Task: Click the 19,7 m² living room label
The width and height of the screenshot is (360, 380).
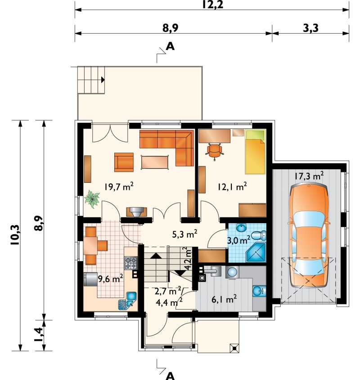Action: pyautogui.click(x=119, y=186)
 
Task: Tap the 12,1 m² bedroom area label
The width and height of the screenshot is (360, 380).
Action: pyautogui.click(x=232, y=186)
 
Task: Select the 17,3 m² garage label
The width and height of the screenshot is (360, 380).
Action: pyautogui.click(x=309, y=176)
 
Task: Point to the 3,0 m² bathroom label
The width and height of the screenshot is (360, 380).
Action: pyautogui.click(x=238, y=240)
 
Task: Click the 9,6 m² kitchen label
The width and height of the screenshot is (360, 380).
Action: pyautogui.click(x=110, y=279)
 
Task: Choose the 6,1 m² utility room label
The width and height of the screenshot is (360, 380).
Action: pyautogui.click(x=224, y=299)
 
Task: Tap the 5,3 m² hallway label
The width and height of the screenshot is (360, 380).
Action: pyautogui.click(x=184, y=234)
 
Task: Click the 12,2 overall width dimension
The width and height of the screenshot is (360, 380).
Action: pyautogui.click(x=213, y=5)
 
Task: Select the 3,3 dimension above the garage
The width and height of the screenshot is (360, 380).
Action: pyautogui.click(x=310, y=28)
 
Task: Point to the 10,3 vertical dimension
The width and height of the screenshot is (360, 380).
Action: pyautogui.click(x=15, y=235)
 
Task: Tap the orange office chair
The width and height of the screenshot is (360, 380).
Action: pyautogui.click(x=214, y=151)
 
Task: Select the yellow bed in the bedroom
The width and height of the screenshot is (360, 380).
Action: pyautogui.click(x=255, y=152)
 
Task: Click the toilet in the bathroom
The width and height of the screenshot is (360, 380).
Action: pyautogui.click(x=259, y=235)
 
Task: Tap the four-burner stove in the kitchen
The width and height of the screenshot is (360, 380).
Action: pyautogui.click(x=131, y=263)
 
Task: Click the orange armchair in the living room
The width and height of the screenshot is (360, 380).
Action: pyautogui.click(x=124, y=162)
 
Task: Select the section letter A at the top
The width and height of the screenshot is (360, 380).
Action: pyautogui.click(x=170, y=46)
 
